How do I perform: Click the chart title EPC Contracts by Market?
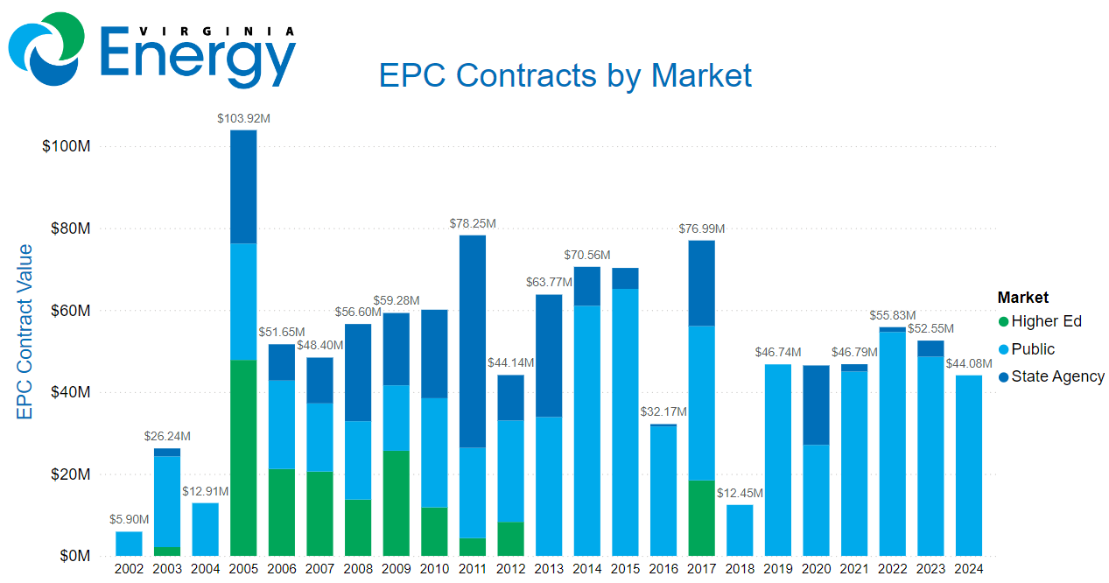[x=565, y=75]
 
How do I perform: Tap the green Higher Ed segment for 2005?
[x=243, y=457]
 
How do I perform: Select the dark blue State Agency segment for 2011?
[x=472, y=341]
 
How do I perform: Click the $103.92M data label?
[x=243, y=117]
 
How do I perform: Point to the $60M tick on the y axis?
[x=67, y=310]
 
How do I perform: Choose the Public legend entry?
[x=1033, y=349]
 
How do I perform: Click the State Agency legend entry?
[x=1057, y=376]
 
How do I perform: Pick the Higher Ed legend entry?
[x=1046, y=321]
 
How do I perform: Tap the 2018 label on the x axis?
[x=740, y=569]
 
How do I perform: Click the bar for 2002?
[x=129, y=544]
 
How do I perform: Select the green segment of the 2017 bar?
[x=701, y=517]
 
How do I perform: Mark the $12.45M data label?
[x=740, y=493]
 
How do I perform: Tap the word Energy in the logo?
[x=199, y=53]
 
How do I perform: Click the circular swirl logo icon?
[x=46, y=48]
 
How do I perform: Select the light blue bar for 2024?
[x=968, y=465]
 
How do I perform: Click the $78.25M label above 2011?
[x=472, y=223]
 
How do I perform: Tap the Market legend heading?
[x=1022, y=298]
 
